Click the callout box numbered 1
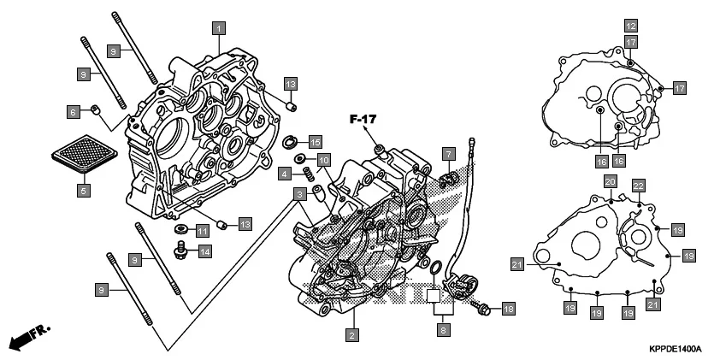tap(219, 29)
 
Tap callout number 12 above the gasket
tap(629, 25)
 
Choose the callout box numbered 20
tap(611, 182)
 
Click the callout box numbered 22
tap(638, 186)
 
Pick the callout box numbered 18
tap(509, 308)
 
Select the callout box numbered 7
tap(447, 154)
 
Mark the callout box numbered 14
tap(205, 251)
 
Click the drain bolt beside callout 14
tap(181, 250)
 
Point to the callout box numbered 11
tap(203, 231)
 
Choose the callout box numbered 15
tap(315, 141)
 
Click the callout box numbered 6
tap(74, 111)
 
